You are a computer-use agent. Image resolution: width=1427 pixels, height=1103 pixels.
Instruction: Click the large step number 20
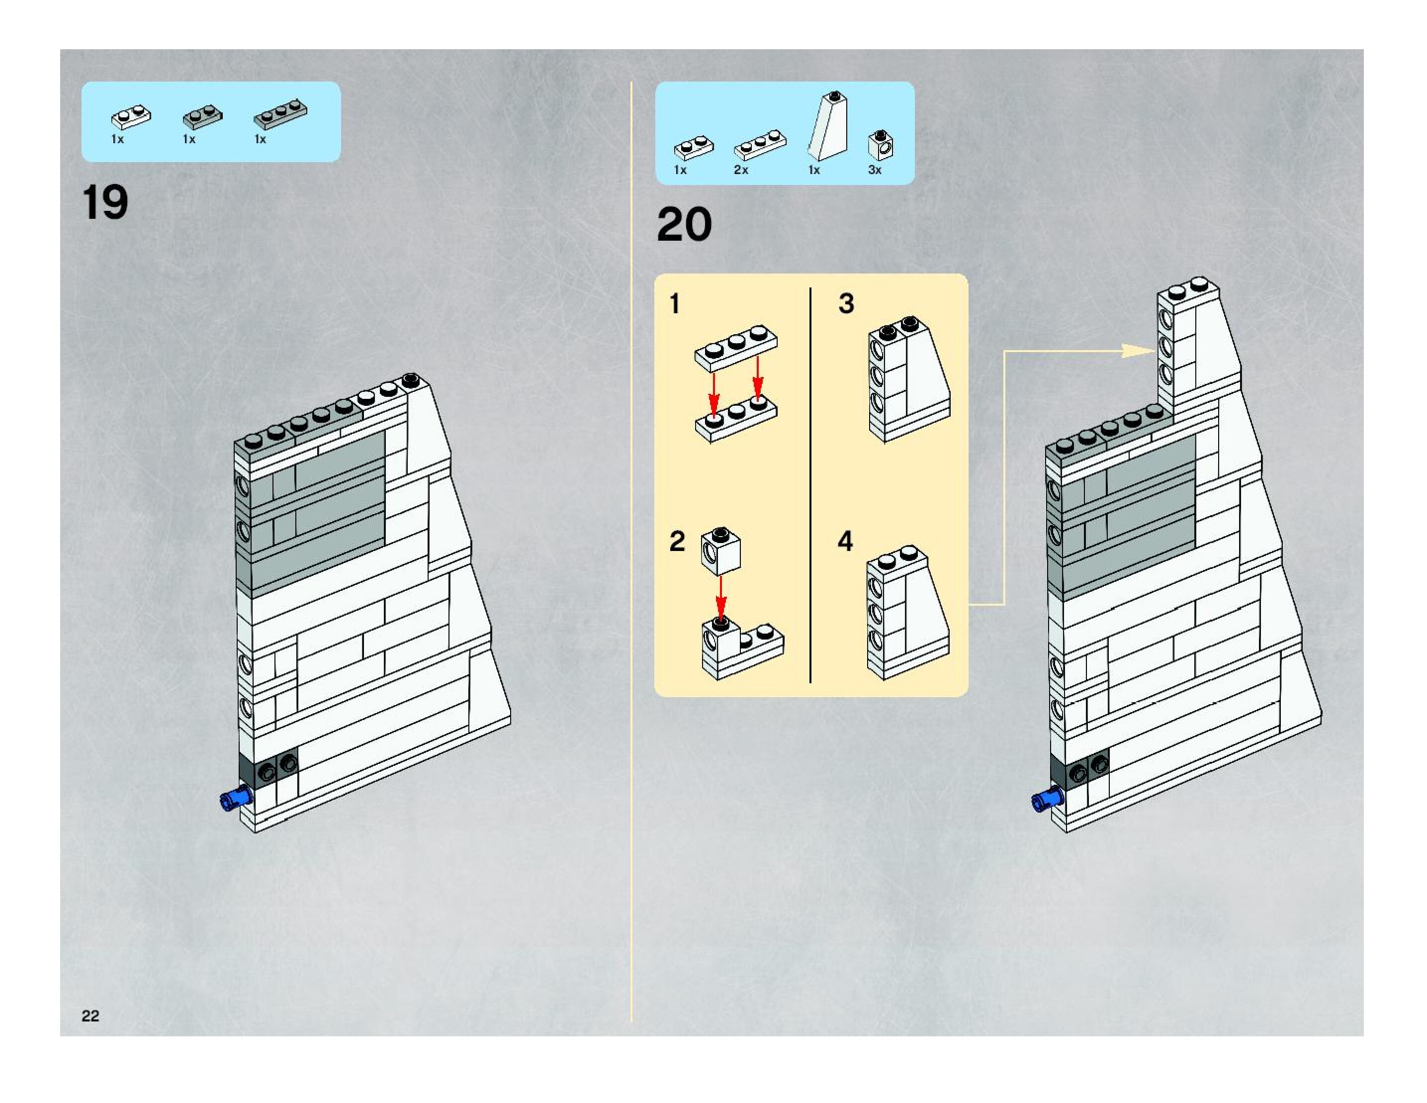tap(684, 225)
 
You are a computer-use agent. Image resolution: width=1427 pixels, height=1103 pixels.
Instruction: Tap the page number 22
tap(90, 1015)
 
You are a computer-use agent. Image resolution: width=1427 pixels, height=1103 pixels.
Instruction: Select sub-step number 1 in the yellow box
tap(675, 304)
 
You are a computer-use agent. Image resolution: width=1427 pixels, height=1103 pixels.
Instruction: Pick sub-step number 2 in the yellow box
tap(677, 541)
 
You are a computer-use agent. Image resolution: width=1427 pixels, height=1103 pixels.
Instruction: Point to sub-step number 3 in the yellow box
tap(846, 304)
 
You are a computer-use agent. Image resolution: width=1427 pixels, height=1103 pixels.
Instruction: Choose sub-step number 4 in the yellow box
tap(845, 541)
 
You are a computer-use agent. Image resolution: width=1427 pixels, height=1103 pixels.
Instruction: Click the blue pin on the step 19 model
tap(236, 799)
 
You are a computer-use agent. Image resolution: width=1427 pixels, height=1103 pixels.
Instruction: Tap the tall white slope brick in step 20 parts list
tap(828, 127)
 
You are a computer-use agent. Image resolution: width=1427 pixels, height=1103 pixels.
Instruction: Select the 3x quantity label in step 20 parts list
tap(874, 170)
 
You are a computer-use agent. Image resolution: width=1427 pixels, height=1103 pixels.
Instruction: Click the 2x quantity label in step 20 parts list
tap(741, 170)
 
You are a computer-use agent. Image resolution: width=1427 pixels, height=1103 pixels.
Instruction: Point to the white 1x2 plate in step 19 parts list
tap(131, 116)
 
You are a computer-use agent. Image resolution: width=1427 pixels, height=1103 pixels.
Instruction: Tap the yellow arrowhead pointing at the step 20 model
tap(1137, 351)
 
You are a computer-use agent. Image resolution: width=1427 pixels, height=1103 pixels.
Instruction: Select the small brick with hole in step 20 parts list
tap(881, 145)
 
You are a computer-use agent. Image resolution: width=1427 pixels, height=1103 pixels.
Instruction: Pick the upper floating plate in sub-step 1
tap(736, 347)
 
